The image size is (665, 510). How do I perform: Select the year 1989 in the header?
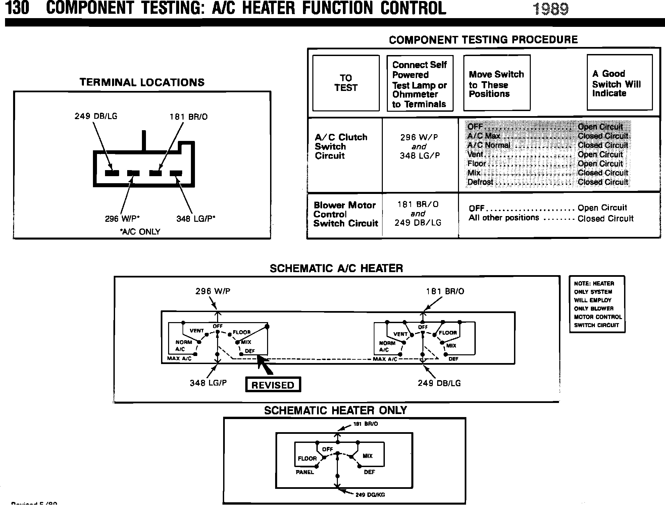(551, 9)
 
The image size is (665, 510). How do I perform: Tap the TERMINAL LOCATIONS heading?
(142, 83)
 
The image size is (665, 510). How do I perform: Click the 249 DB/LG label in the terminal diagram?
(96, 116)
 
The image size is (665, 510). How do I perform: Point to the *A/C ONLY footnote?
(140, 232)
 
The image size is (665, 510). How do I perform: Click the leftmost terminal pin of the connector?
(112, 173)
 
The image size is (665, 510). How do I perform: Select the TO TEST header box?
(346, 83)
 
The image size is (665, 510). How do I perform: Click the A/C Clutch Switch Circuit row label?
(341, 146)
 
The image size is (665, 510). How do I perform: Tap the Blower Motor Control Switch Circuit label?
(346, 214)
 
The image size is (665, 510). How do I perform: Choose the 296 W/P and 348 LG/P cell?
(419, 146)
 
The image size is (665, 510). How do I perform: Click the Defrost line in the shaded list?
(548, 182)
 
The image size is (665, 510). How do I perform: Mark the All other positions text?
(504, 218)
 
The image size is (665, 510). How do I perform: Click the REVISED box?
(273, 385)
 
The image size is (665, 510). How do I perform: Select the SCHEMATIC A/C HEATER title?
(336, 268)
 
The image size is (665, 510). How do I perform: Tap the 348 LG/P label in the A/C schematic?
(208, 383)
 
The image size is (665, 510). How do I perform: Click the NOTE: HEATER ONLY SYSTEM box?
(597, 304)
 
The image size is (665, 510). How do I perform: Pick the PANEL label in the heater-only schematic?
(305, 472)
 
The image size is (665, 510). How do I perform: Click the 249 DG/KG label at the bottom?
(370, 495)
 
